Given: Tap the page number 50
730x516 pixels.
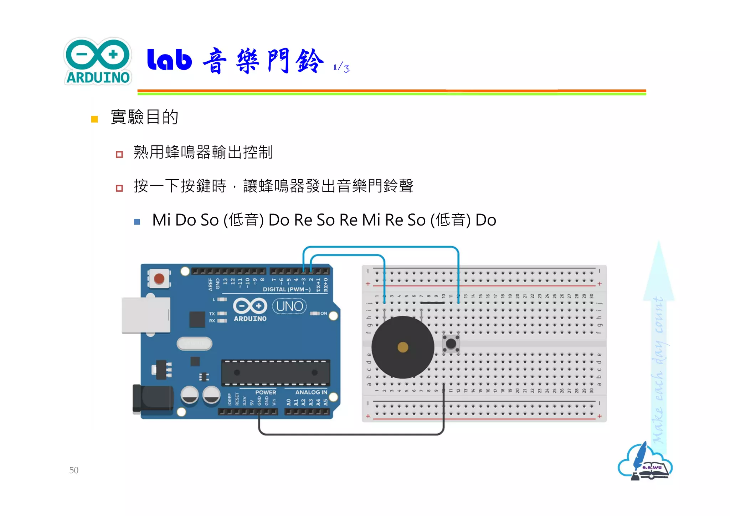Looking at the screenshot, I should click(74, 470).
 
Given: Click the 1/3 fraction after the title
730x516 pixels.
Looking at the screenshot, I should click(341, 67).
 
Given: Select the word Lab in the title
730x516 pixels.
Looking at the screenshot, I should click(169, 60).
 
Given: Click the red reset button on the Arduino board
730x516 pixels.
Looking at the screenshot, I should click(159, 278).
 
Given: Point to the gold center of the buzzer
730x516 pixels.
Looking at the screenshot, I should click(403, 347).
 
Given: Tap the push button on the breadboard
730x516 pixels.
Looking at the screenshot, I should click(451, 344).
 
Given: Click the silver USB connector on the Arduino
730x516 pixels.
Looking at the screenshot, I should click(145, 315).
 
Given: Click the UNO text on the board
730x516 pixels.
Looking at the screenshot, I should click(289, 306).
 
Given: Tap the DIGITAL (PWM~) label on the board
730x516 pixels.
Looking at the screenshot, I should click(287, 289).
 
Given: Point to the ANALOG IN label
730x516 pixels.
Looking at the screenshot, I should click(311, 392).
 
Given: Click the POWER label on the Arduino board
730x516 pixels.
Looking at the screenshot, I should click(266, 392).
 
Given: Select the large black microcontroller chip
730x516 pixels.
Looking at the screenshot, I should click(276, 373).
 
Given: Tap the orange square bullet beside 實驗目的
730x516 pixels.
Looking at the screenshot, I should click(94, 119).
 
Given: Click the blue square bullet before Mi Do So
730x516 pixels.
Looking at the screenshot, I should click(137, 222).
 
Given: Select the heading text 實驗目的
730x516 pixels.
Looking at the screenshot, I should click(144, 117).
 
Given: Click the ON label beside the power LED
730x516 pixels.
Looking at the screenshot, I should click(324, 313).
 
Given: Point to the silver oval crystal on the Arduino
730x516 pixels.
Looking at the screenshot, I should click(195, 344).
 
